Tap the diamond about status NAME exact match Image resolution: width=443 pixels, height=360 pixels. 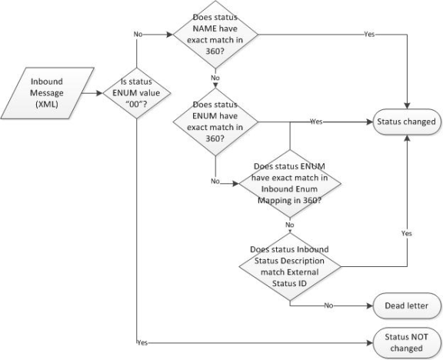[215, 34]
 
